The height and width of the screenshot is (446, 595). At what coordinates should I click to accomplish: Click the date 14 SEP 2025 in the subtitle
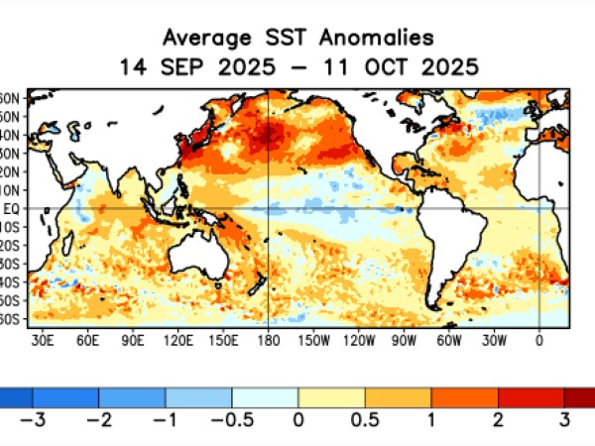[x=187, y=67]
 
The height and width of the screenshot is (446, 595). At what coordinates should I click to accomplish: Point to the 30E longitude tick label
[x=43, y=339]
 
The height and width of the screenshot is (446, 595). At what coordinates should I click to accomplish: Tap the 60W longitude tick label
[x=449, y=339]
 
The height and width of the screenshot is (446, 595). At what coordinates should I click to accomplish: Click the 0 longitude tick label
[x=539, y=339]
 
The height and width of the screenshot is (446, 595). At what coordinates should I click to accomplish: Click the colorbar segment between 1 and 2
[x=464, y=396]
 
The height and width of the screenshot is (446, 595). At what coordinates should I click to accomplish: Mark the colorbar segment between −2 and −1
[x=132, y=396]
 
